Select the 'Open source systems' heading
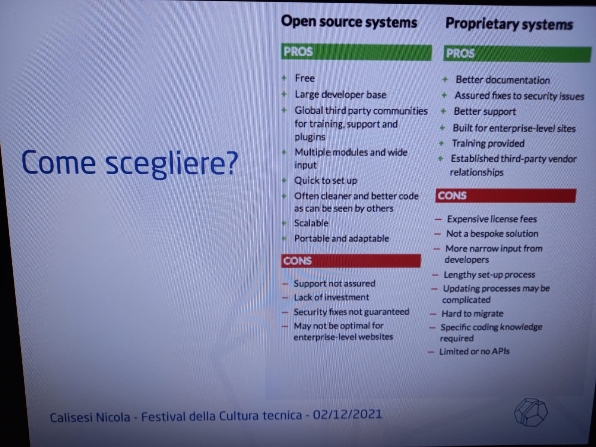[x=349, y=22]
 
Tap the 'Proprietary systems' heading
[x=509, y=25]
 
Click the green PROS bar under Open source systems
[x=356, y=52]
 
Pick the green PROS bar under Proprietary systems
[x=517, y=54]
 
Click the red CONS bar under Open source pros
[x=351, y=261]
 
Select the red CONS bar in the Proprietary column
[x=505, y=196]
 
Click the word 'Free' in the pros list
[x=305, y=79]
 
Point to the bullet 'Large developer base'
[x=340, y=95]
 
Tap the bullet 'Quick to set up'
[x=326, y=181]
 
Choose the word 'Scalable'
[x=311, y=223]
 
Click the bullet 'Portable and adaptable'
[x=342, y=238]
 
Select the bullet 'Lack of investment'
[x=331, y=298]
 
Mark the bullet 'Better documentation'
[x=503, y=80]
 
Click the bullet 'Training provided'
[x=488, y=143]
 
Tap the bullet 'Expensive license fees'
[x=492, y=219]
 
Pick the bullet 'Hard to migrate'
[x=472, y=314]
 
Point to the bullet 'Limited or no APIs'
[x=474, y=352]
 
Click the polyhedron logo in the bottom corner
[x=530, y=412]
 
